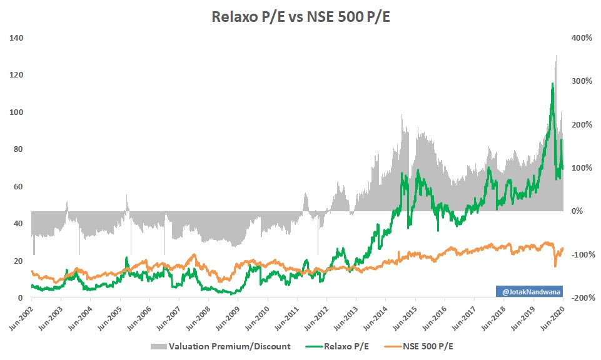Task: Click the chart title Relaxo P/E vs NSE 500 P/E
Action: [300, 18]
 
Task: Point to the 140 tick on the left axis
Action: [17, 38]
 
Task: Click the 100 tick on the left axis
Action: [17, 112]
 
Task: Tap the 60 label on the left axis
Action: [19, 187]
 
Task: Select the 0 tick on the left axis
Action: [21, 298]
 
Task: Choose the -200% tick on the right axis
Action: [584, 298]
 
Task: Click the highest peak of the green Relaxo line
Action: [552, 83]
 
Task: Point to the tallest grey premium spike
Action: [556, 56]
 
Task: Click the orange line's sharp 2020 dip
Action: [555, 266]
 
